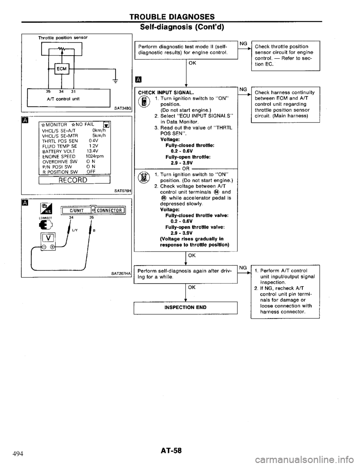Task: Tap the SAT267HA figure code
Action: [119, 274]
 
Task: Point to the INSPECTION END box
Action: [186, 307]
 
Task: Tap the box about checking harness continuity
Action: [285, 104]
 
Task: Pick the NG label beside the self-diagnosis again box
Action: [243, 267]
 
